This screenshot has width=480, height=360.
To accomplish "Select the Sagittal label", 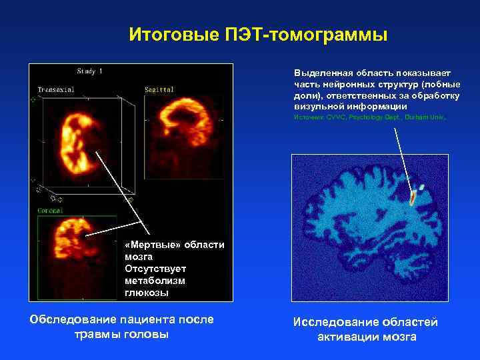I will [158, 89].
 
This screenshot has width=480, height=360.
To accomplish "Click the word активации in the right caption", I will [347, 337].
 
